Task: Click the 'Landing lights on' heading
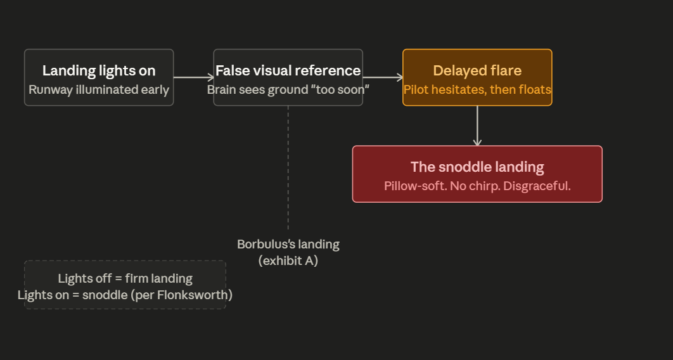99,70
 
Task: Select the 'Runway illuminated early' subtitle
99,89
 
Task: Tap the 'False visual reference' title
288,70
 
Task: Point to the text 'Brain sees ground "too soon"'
288,89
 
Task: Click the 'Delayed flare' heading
477,70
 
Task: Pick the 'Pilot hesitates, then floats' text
477,89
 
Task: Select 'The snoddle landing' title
477,167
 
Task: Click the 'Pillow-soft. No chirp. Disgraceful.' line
477,186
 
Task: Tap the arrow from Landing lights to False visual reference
193,77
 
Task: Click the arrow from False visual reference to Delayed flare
383,77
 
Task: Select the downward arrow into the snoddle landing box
477,126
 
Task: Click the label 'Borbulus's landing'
288,244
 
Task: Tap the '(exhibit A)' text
288,260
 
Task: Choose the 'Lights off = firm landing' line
125,278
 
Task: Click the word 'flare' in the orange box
505,70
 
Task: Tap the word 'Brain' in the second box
222,89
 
